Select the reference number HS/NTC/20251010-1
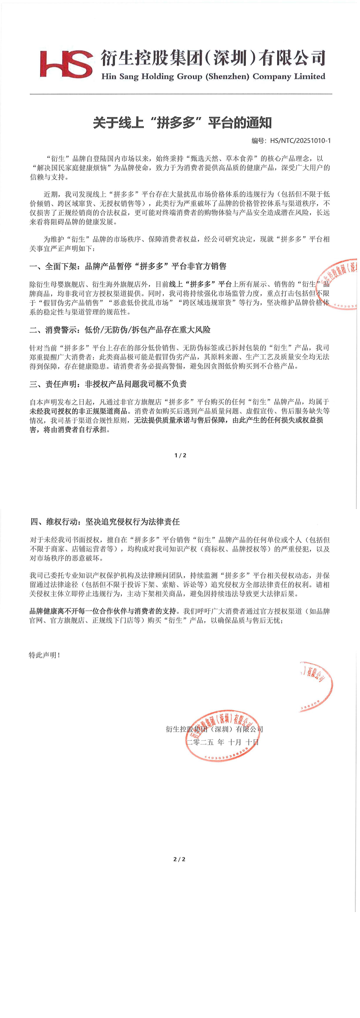coord(300,141)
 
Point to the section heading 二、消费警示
coord(120,330)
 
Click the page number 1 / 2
coord(180,455)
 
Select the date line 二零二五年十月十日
coord(222,742)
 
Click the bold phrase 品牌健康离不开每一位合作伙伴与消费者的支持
coord(103,611)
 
